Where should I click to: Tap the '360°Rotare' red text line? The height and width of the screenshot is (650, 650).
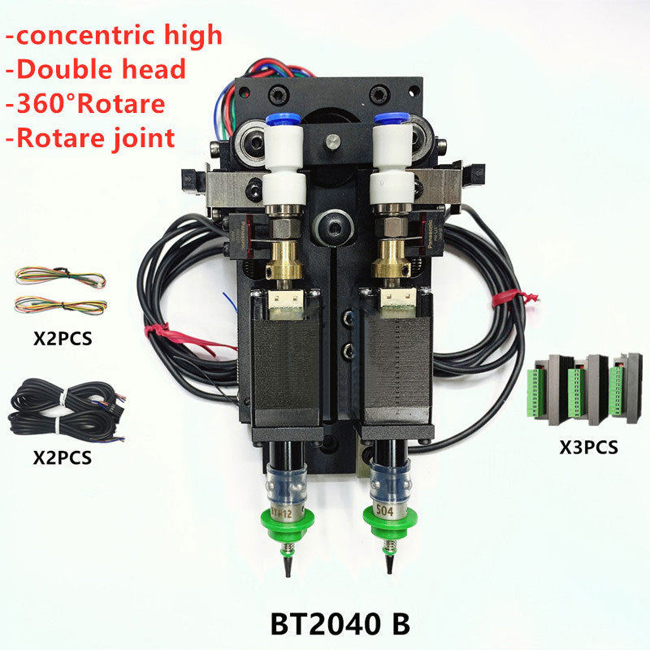click(x=85, y=104)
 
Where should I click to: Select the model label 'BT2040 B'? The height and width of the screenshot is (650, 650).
click(x=340, y=623)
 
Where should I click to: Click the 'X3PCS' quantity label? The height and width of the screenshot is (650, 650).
click(x=588, y=448)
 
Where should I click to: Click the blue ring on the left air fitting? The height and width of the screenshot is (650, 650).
click(x=283, y=119)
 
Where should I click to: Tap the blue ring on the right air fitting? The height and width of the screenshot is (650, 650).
click(x=392, y=118)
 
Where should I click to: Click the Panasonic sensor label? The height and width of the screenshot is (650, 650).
click(x=431, y=234)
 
